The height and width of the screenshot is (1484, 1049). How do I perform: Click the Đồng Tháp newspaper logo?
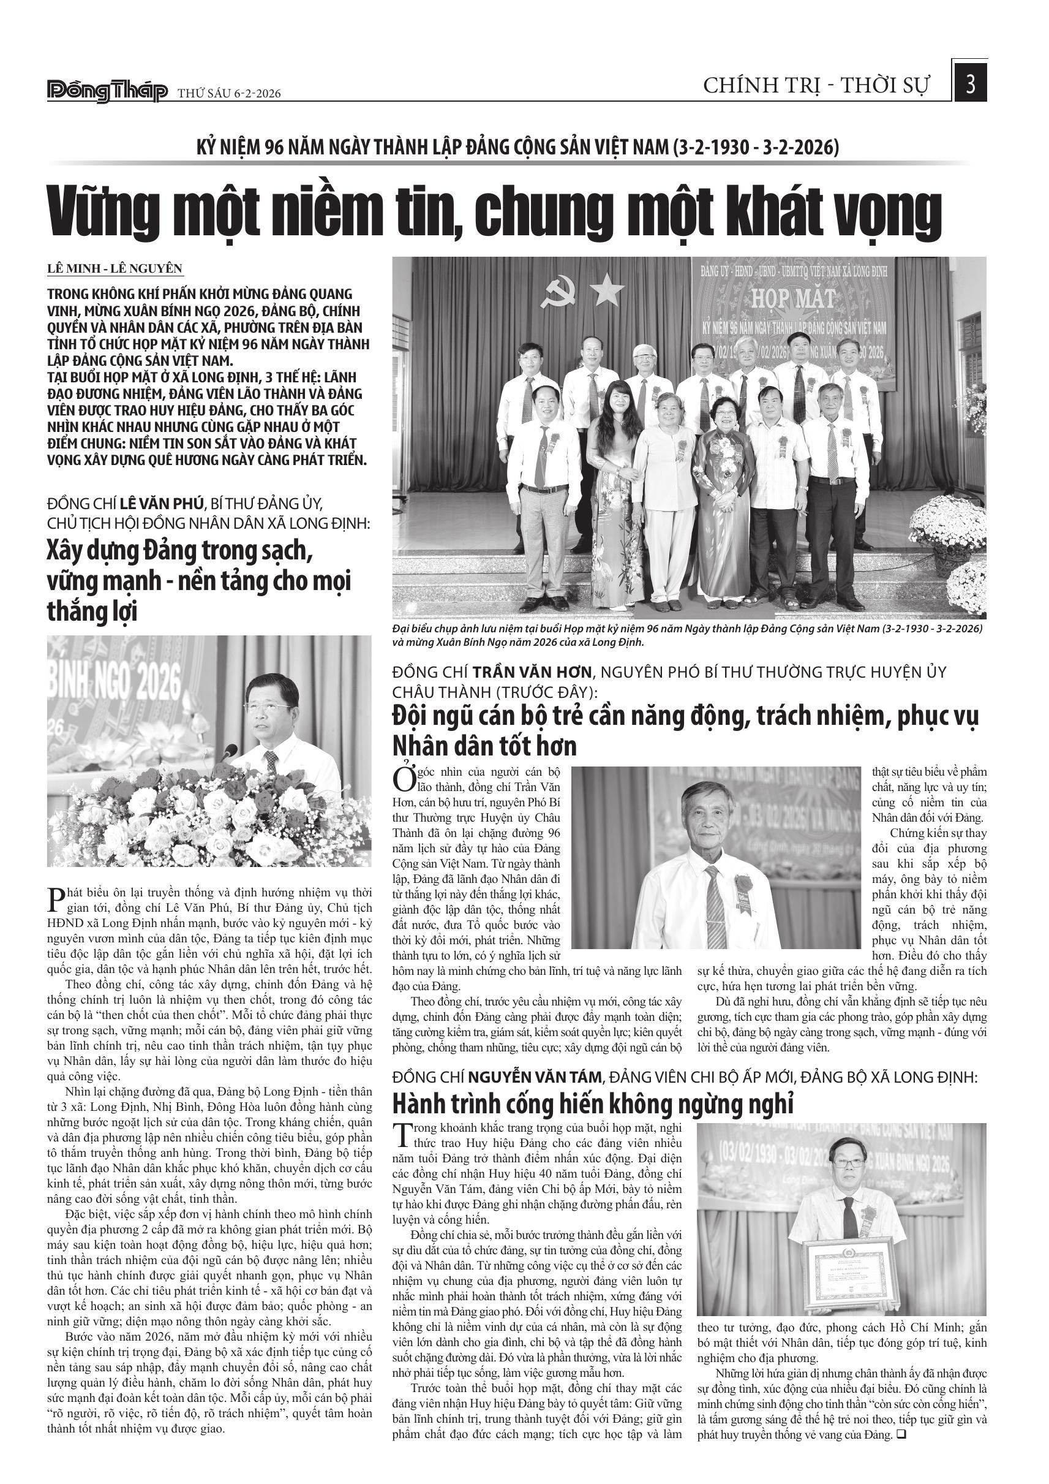(107, 92)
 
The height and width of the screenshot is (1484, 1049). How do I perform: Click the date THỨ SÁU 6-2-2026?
(229, 94)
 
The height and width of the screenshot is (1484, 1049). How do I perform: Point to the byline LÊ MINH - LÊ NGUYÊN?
(115, 269)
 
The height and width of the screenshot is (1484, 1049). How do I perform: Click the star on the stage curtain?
(606, 292)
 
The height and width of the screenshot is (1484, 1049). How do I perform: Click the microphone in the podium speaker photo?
(228, 752)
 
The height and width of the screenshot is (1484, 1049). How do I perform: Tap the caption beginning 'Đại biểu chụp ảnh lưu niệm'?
(687, 635)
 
